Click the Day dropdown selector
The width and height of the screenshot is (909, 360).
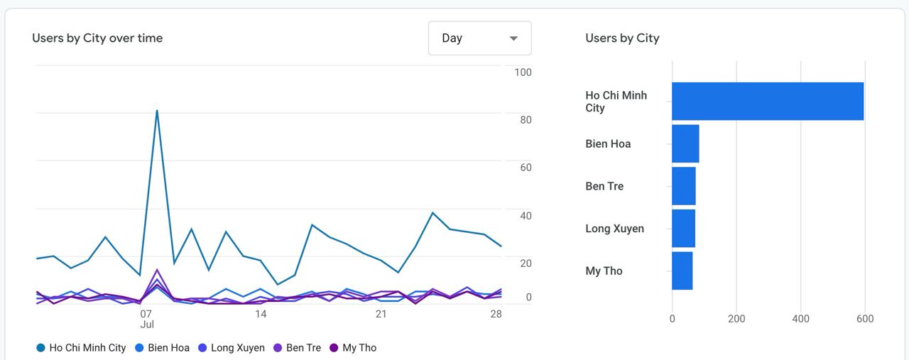479,38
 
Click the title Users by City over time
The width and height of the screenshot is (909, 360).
97,38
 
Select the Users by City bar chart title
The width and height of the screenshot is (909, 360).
622,38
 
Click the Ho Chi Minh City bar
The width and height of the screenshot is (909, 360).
767,101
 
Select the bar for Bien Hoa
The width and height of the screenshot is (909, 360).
685,143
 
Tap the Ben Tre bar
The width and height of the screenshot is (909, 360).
684,186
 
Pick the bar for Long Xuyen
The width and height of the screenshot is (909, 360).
683,228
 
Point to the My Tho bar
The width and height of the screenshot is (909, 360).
682,271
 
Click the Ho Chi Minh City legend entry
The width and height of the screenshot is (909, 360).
81,348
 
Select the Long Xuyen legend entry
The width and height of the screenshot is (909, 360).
231,348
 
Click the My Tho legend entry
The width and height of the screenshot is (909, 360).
353,348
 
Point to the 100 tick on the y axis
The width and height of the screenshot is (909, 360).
523,72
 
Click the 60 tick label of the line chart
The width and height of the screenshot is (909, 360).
526,168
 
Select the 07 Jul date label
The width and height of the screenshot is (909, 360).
146,319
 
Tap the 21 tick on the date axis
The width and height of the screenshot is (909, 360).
381,314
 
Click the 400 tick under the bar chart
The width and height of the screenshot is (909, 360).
800,319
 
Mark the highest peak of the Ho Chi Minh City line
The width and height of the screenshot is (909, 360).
157,110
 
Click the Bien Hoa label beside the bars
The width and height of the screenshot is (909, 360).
608,144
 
